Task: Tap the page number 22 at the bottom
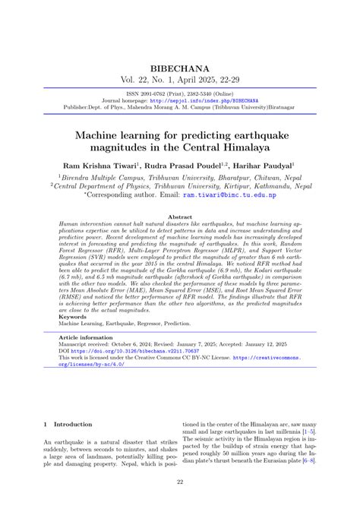[x=180, y=482]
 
